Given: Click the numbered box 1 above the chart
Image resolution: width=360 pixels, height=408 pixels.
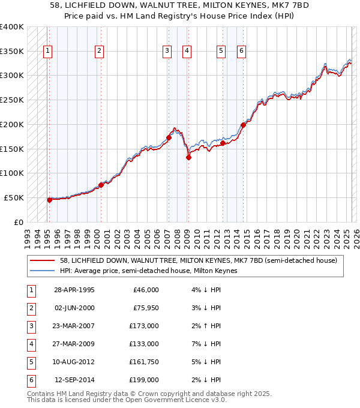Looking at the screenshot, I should point(47,51).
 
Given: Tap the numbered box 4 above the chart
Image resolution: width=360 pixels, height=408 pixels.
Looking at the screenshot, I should point(187,51).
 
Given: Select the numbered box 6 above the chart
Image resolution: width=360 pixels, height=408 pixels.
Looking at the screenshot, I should point(241,51).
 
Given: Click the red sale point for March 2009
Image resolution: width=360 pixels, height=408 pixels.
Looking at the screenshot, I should point(188,157).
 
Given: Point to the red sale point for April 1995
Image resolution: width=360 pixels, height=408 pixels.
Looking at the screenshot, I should point(50,200).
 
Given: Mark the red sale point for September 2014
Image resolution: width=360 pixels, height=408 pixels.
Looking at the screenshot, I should point(243,125).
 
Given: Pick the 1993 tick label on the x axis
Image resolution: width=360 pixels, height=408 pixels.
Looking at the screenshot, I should point(28,235).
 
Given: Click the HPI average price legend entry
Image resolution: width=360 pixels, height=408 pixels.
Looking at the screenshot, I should point(149,271).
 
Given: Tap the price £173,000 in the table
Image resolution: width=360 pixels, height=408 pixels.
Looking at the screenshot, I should point(144,327).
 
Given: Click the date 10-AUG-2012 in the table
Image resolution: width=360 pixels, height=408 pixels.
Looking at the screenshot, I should point(74,362).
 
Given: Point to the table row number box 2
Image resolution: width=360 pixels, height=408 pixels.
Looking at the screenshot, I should point(30,309).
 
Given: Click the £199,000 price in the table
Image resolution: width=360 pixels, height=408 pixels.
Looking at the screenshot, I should point(144,379).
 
